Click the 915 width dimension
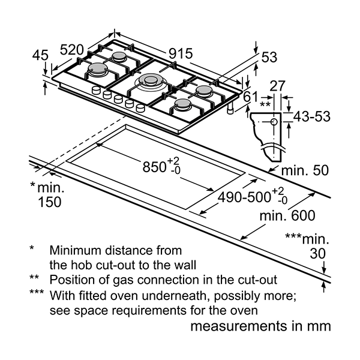point(181,54)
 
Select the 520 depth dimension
point(72,50)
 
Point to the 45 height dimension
point(40,55)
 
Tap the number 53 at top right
point(269,57)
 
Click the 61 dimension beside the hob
point(250,97)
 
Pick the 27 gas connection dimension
point(277,86)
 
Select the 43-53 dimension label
point(312,116)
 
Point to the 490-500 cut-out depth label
point(244,197)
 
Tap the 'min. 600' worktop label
point(287,215)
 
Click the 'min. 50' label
point(305,170)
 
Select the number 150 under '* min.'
point(50,202)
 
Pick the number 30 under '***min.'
point(318,253)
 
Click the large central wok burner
point(151,81)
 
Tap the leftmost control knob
point(96,90)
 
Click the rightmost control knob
point(140,107)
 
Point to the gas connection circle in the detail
point(274,121)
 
